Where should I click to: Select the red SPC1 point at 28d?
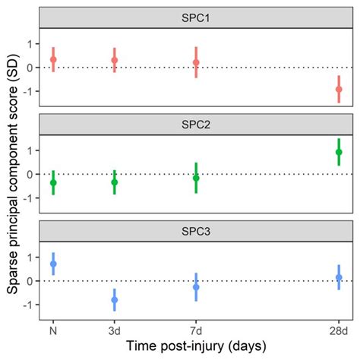pos(339,89)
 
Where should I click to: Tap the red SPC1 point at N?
pos(53,59)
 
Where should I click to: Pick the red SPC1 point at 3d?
pos(115,60)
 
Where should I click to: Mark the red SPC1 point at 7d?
pos(196,62)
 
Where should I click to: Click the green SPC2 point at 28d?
pos(339,152)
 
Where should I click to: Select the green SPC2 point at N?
pos(53,182)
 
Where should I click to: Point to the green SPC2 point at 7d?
pos(196,178)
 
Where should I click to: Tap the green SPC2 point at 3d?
pos(115,182)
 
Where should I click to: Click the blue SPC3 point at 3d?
pos(115,300)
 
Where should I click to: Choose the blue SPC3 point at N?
pos(53,264)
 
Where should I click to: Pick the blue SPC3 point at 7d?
pos(196,287)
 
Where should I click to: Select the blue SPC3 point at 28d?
pos(339,277)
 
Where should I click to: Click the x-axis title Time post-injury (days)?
pos(196,346)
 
